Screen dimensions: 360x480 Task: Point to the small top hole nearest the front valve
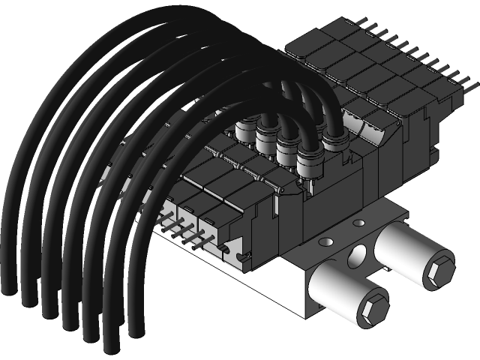(x=324, y=241)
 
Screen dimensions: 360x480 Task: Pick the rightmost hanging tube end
(x=135, y=330)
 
